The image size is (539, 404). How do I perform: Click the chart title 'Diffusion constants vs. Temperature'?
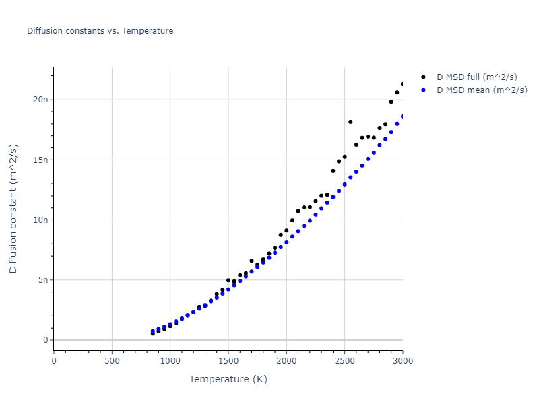100,31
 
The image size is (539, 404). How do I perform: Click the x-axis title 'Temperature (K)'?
228,379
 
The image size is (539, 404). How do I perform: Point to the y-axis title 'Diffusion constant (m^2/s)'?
13,209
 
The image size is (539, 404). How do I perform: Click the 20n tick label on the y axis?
41,100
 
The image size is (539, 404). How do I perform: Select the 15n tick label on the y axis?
41,160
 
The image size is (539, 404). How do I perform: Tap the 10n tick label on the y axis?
41,220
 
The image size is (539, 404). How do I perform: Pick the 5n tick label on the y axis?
43,280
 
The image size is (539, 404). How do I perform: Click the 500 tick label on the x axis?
112,361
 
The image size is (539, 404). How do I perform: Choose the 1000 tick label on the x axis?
170,361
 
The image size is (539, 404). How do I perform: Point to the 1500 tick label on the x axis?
228,361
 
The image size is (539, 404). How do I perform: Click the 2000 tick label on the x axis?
286,361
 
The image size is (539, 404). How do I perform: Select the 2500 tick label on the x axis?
344,361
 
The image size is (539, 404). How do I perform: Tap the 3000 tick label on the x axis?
402,361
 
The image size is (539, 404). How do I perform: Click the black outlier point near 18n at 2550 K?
350,122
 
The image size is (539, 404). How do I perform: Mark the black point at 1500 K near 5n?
228,280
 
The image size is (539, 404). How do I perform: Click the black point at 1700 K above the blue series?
252,261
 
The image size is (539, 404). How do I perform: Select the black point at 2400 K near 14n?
333,171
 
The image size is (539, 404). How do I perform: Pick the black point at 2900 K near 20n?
391,102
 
